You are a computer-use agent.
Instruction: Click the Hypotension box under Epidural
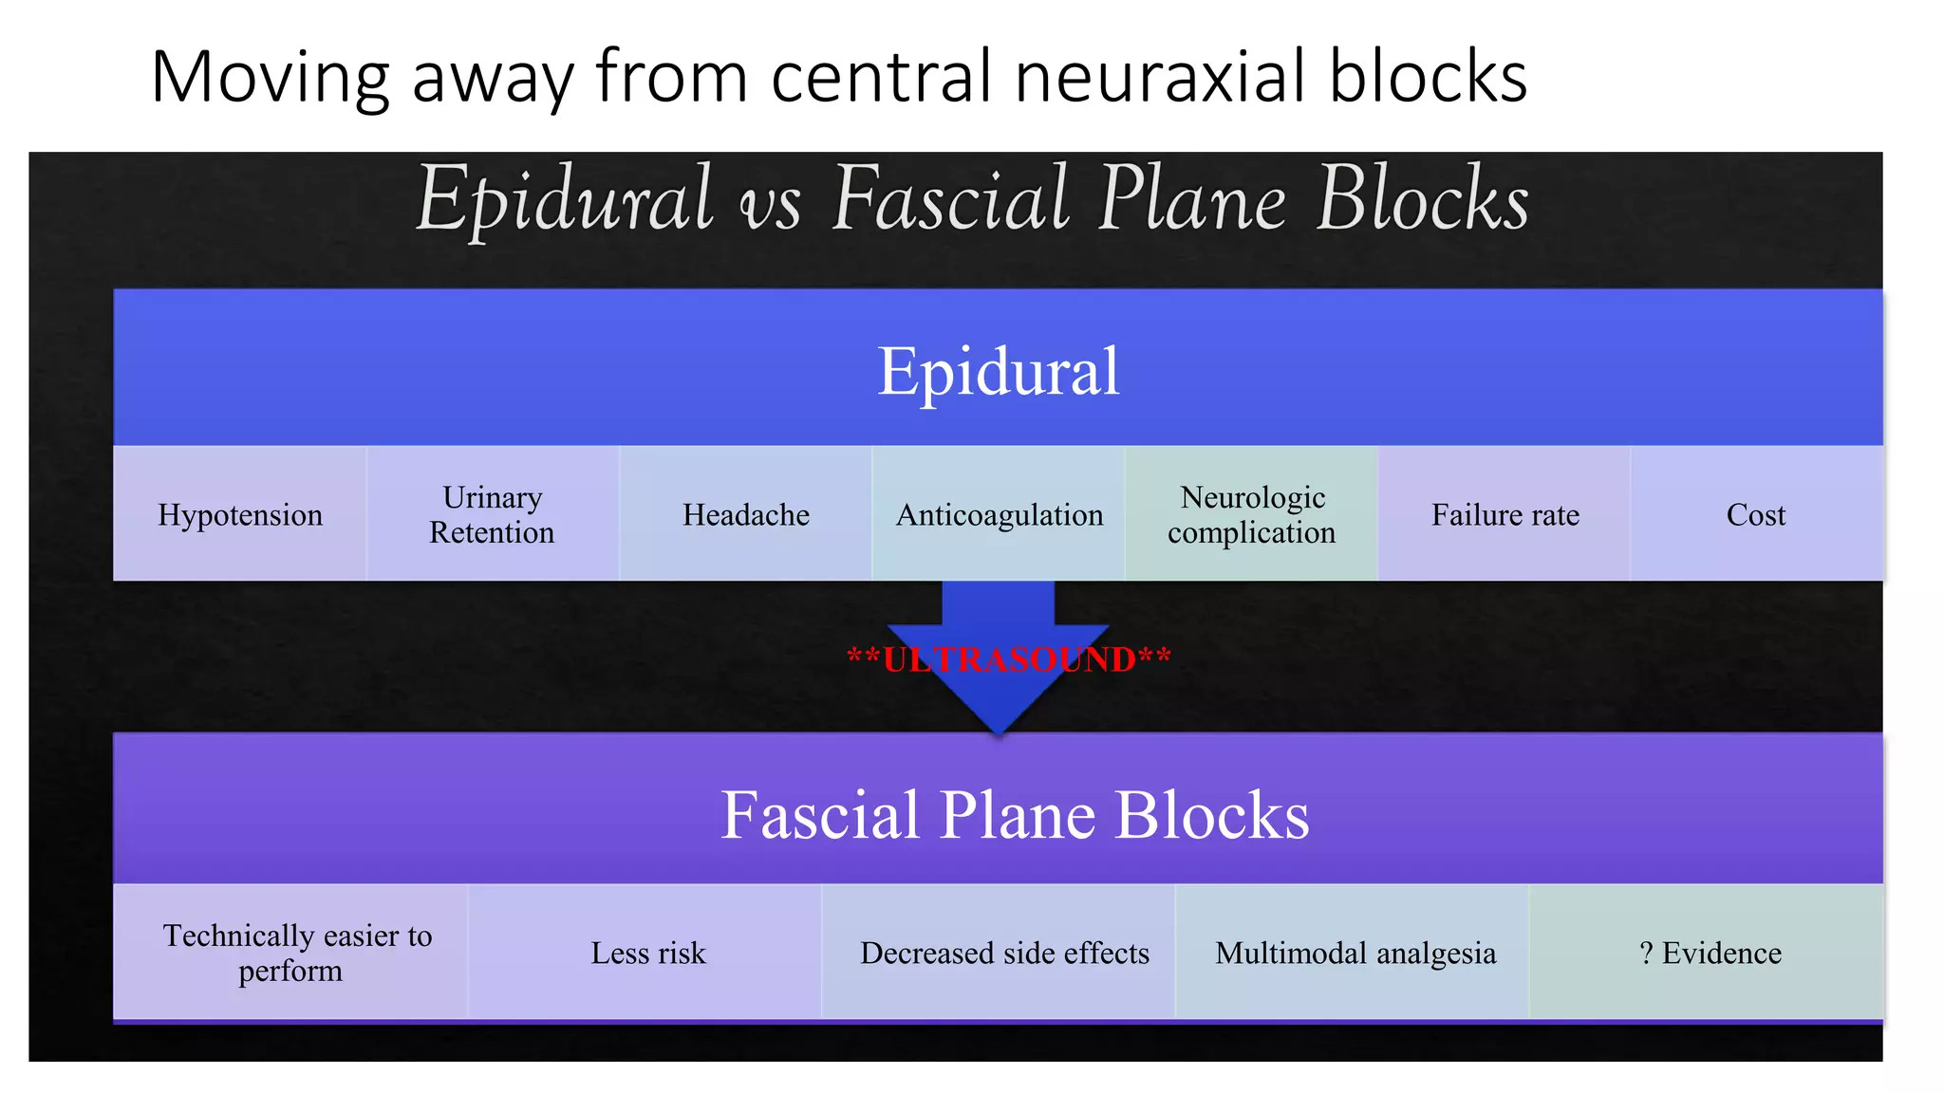[240, 514]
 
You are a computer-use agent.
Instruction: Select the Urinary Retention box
[493, 514]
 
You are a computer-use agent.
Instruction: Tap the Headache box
[746, 514]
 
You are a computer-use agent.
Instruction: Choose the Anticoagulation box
[1000, 514]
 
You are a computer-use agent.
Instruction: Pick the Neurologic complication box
[1252, 514]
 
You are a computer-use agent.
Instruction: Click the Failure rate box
[1505, 514]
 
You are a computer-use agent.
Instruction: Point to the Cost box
[1756, 514]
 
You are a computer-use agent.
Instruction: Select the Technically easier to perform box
[291, 953]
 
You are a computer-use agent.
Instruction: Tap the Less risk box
[647, 953]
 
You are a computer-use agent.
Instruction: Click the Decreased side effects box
[1004, 953]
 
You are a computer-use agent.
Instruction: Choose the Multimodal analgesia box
[1355, 953]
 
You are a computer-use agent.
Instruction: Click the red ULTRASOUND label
[1009, 658]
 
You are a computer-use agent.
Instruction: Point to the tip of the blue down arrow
[999, 732]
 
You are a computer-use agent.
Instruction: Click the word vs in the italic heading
[771, 203]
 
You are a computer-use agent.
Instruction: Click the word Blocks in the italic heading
[1423, 198]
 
